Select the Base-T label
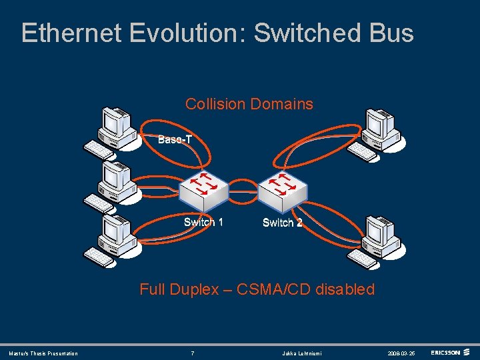pos(175,139)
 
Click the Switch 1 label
pos(203,222)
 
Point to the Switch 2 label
pos(282,223)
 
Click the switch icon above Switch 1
pos(203,189)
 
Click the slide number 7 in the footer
pos(192,353)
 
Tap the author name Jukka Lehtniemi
pos(301,353)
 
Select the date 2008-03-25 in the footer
pos(401,353)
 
